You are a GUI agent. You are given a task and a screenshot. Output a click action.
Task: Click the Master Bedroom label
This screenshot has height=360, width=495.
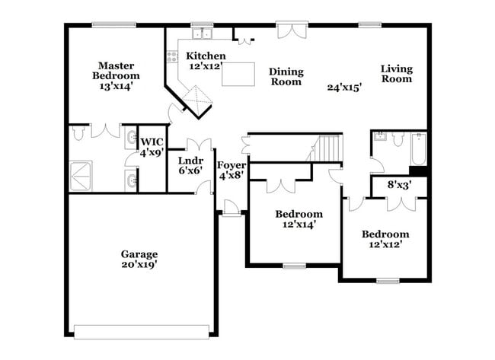[116, 70]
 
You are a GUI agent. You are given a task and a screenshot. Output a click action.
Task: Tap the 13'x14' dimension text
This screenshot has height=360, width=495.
[116, 88]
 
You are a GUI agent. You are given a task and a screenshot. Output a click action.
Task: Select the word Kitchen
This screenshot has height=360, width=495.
[206, 56]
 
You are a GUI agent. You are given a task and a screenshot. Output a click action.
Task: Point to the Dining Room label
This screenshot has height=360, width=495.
[286, 77]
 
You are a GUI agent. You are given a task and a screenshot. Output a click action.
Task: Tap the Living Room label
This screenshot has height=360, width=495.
[397, 73]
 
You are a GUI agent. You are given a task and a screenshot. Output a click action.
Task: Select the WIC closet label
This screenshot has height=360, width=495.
[152, 142]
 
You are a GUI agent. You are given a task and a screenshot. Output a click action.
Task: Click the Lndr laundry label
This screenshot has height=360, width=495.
[190, 161]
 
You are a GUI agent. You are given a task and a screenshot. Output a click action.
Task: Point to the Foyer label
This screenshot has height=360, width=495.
[232, 165]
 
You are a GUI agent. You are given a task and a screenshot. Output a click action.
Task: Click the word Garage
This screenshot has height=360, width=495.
[139, 253]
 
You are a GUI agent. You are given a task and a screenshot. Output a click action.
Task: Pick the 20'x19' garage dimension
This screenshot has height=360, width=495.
[139, 264]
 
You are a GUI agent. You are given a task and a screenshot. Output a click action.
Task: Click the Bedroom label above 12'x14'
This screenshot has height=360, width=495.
[299, 214]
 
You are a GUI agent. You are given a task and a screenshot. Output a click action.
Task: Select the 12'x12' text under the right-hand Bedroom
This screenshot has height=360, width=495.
[385, 244]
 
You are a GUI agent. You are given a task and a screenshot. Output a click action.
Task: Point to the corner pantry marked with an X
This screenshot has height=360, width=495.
[200, 100]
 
